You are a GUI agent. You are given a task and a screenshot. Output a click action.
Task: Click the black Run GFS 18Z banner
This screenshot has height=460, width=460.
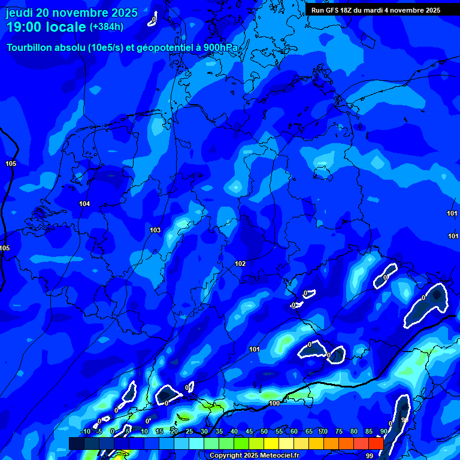point(376,10)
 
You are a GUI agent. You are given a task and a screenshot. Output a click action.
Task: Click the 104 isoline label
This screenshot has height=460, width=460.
point(84,204)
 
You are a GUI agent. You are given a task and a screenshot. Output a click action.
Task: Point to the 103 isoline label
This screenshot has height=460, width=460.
point(155,230)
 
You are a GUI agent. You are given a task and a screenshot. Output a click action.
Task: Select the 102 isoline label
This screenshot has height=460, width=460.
point(240,264)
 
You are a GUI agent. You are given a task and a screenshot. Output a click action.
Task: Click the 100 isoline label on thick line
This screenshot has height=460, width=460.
point(274,403)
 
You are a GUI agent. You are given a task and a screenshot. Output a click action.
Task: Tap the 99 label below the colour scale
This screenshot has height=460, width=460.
point(370,456)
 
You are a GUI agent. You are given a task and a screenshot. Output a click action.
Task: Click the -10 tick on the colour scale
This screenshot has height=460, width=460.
point(85,431)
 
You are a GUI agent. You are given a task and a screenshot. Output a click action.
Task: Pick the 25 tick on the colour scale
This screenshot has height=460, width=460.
point(189,431)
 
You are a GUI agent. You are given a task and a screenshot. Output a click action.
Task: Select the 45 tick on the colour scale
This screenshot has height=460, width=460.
point(249,431)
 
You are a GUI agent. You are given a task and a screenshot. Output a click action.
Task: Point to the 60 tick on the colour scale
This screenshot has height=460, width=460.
point(293,431)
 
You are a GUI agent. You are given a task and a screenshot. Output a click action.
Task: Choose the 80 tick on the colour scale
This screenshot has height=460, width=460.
point(353,431)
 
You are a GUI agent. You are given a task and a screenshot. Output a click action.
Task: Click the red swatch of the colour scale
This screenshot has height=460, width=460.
point(376,443)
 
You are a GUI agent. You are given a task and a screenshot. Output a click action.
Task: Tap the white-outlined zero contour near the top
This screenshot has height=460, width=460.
point(153,20)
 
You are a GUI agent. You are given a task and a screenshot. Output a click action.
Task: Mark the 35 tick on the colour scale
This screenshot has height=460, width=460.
point(219,431)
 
